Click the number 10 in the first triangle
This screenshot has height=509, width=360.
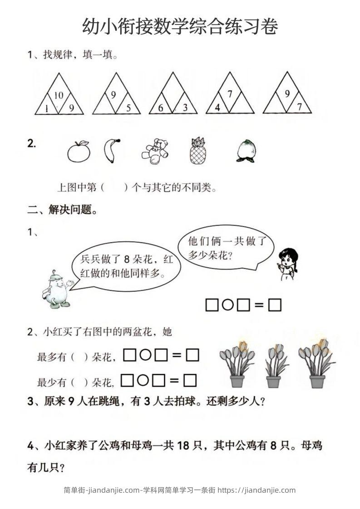[59, 96]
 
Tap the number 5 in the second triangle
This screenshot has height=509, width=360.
[128, 108]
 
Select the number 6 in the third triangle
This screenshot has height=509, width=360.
[161, 108]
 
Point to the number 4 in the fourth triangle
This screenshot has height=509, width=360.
[217, 108]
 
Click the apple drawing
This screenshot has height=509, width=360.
[79, 151]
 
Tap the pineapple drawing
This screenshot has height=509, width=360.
[197, 151]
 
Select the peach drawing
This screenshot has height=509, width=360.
[247, 151]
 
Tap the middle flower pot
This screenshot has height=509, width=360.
[274, 366]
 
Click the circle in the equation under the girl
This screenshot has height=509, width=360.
[228, 305]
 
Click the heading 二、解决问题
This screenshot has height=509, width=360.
[62, 210]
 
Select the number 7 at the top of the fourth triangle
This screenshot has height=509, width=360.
[230, 94]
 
